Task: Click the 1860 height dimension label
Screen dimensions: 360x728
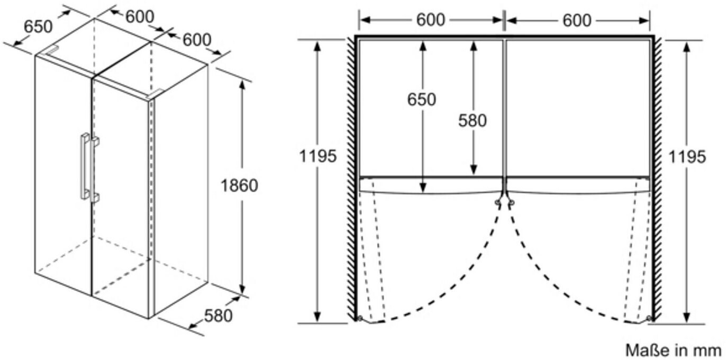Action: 239,186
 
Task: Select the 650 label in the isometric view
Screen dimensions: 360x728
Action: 39,26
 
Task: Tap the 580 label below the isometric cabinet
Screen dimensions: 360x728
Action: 218,316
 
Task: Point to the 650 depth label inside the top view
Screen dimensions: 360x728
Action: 422,99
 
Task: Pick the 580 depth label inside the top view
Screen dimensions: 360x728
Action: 472,121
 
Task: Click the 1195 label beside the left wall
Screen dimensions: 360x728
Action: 317,156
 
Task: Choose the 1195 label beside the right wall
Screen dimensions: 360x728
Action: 686,156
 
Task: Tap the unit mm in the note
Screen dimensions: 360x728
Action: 708,350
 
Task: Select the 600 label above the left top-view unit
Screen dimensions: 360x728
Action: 431,20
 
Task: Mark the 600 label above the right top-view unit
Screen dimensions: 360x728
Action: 577,20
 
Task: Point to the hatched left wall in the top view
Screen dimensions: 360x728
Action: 350,180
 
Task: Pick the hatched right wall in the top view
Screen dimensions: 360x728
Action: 658,180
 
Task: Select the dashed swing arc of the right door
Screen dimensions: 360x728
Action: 545,286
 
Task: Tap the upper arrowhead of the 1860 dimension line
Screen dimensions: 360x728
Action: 242,83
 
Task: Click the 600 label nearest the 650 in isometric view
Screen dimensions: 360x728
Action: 140,16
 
